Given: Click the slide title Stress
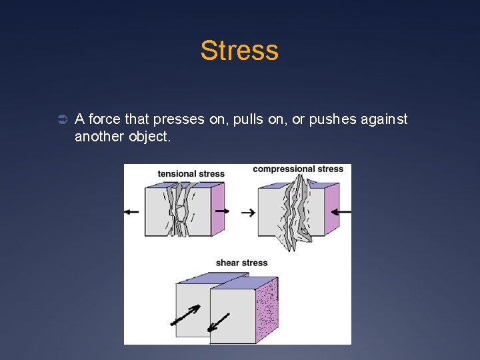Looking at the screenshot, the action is coord(239,51).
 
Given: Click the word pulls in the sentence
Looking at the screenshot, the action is coord(239,120).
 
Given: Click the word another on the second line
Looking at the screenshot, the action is coord(97,137).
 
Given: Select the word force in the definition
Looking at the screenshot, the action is coord(104,120).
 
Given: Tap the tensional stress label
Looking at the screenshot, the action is coord(191,174).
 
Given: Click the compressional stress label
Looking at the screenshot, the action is coord(298,169).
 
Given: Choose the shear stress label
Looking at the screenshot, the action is coord(241,263).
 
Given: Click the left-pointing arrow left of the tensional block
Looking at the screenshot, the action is coord(131,211).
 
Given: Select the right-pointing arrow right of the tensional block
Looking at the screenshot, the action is coord(223,211).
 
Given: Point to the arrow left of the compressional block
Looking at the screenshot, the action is coord(248,213).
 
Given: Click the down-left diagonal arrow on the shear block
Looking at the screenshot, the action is coord(218,323).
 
